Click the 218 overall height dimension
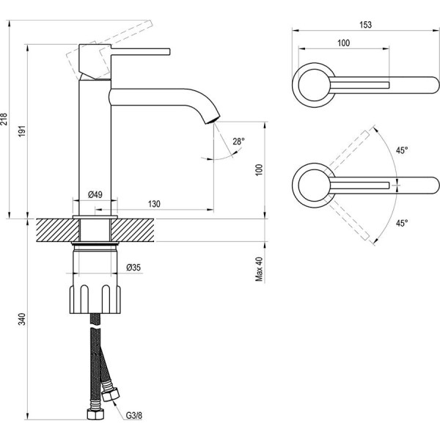pos(5,119)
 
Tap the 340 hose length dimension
pos(23,320)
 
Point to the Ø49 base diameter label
pos(95,194)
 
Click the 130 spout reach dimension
pos(155,203)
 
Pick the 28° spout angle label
pos(238,141)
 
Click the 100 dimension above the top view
pos(343,43)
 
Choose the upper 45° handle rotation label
pos(401,150)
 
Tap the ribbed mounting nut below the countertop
pos(95,298)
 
